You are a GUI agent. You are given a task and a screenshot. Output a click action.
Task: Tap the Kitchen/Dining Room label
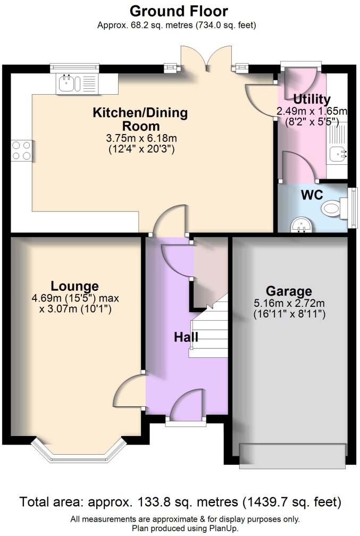pyautogui.click(x=140, y=119)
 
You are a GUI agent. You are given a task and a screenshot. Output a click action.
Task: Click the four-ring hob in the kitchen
pyautogui.click(x=22, y=149)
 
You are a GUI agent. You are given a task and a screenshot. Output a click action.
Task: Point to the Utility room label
pyautogui.click(x=311, y=99)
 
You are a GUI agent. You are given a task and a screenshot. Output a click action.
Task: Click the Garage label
pyautogui.click(x=289, y=291)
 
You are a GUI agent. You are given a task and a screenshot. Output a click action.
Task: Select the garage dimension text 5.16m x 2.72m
pyautogui.click(x=289, y=304)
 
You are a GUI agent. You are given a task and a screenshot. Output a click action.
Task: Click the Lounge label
pyautogui.click(x=74, y=286)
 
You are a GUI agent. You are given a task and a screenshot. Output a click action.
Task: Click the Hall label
pyautogui.click(x=186, y=337)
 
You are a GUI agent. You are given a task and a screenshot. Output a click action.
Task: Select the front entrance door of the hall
pyautogui.click(x=186, y=407)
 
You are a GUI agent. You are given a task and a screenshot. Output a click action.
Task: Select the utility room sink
pyautogui.click(x=338, y=154)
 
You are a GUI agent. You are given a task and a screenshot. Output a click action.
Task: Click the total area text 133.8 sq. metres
pyautogui.click(x=180, y=502)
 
